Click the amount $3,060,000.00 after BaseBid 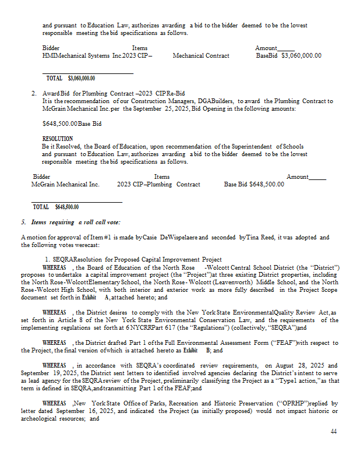301,56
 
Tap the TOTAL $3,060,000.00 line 71,78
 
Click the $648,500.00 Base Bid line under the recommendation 72,123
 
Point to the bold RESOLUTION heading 58,139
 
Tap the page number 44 333,432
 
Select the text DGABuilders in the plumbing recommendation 216,101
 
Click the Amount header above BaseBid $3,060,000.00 266,48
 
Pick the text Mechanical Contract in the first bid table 201,56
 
